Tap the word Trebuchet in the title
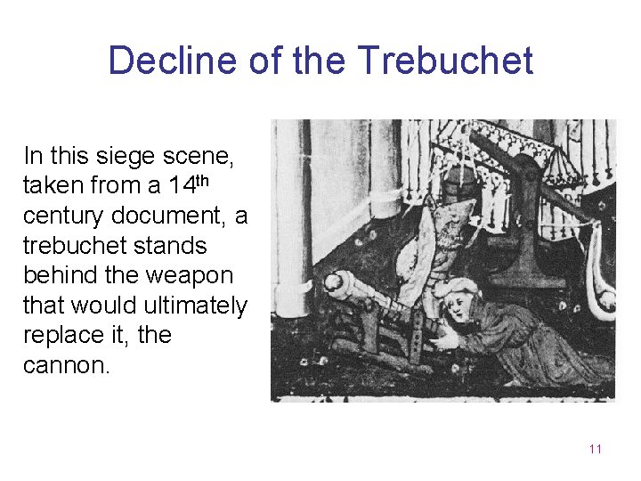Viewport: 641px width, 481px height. pos(445,61)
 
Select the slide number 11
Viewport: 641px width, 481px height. pos(595,449)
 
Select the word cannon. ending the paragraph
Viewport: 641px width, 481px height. pos(68,365)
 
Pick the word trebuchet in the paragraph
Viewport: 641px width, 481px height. pos(74,246)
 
